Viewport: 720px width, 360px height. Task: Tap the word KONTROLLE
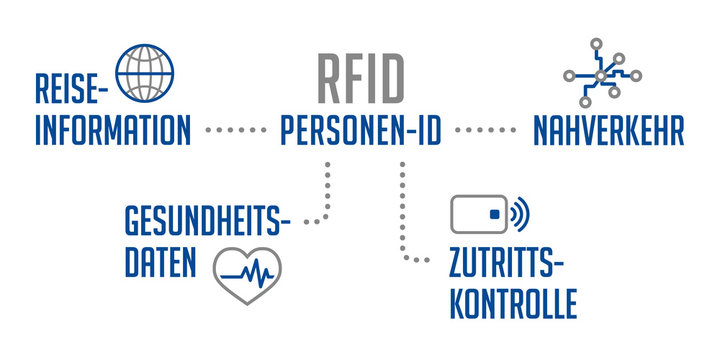click(513, 302)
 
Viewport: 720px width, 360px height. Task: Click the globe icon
click(145, 73)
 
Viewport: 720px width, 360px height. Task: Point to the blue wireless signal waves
click(520, 214)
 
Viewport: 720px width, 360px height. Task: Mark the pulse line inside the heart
click(248, 273)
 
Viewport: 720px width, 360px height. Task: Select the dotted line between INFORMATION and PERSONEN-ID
click(236, 131)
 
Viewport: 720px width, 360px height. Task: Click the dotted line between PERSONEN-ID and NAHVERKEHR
click(483, 131)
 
